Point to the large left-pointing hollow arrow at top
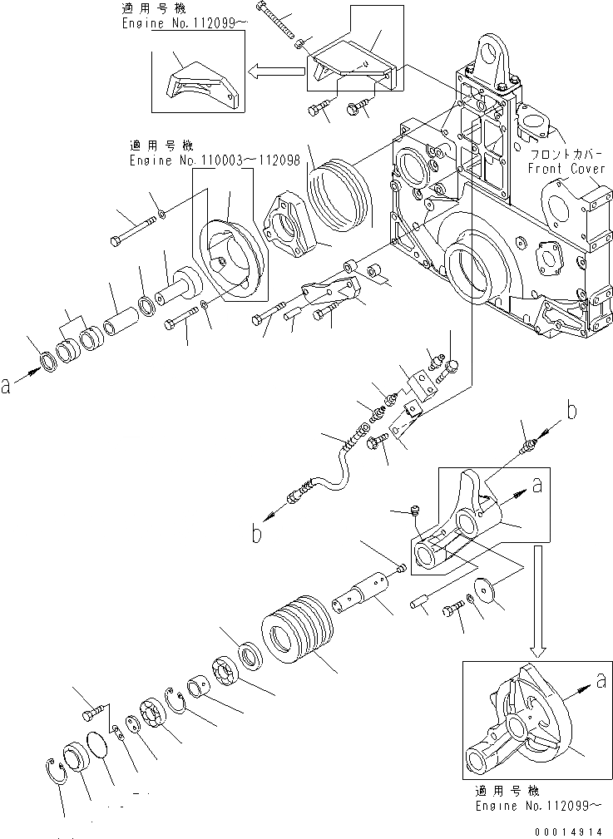[279, 72]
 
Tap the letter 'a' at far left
[7, 385]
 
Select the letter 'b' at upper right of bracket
[571, 410]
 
